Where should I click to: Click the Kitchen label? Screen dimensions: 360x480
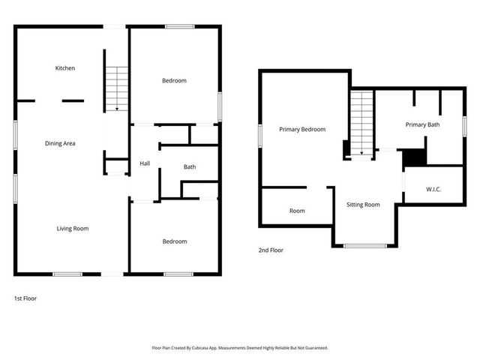point(65,68)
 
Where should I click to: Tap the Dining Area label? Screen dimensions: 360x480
point(60,143)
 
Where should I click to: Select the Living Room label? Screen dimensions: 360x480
point(73,228)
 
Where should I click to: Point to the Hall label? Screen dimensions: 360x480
point(145,164)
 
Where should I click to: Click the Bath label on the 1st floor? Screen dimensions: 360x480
point(190,166)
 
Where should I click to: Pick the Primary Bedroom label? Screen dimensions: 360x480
point(302,129)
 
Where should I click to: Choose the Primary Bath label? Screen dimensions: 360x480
point(422,124)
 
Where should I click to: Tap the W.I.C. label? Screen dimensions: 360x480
point(433,189)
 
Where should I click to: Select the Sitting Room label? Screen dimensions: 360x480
point(363,204)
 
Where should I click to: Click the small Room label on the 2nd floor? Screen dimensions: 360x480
point(297,211)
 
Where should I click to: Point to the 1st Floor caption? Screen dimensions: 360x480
point(25,298)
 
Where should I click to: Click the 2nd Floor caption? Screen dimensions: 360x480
point(271,250)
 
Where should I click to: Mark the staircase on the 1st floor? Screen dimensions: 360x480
point(116,88)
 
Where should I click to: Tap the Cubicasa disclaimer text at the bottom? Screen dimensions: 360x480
point(240,348)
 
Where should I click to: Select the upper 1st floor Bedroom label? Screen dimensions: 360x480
point(174,80)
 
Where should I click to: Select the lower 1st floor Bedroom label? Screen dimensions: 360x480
point(175,241)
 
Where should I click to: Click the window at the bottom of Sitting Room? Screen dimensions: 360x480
point(365,246)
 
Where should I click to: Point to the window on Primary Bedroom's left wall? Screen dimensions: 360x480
point(260,136)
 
